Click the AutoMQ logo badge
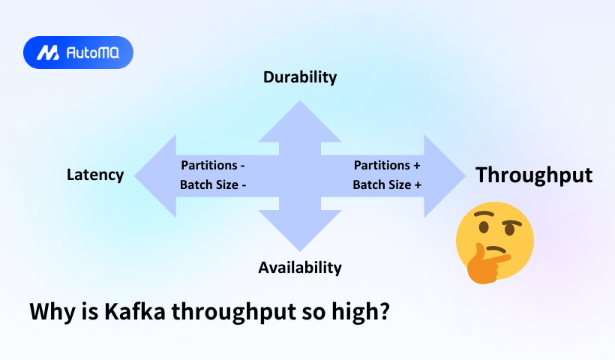point(78,52)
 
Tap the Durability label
point(300,76)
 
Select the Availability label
point(300,267)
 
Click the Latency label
point(95,175)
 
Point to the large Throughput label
point(534,175)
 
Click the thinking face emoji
point(495,240)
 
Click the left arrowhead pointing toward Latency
point(154,175)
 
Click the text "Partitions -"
point(213,165)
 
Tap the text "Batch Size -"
point(213,185)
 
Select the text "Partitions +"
point(387,165)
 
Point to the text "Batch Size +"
point(387,185)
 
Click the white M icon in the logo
point(49,52)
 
